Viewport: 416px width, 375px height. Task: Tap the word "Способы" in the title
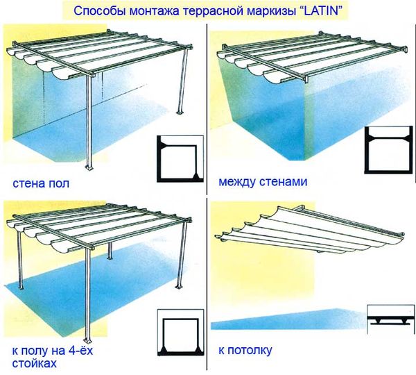click(x=96, y=11)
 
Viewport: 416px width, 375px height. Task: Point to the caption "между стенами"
click(x=262, y=183)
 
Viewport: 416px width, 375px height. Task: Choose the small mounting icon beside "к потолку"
click(x=390, y=319)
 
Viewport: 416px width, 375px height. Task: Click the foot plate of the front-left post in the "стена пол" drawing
click(x=89, y=170)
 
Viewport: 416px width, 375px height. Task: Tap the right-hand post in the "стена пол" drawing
click(x=182, y=87)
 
